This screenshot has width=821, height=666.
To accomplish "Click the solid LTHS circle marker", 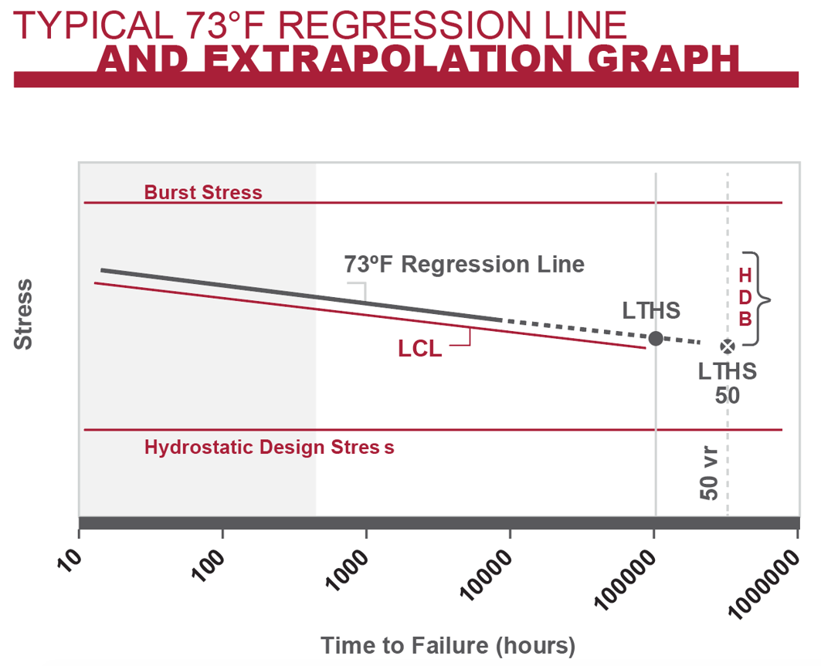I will click(x=655, y=338).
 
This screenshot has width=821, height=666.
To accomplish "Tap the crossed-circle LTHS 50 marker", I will click(x=727, y=347).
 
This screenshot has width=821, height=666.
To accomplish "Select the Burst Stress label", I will click(x=203, y=192).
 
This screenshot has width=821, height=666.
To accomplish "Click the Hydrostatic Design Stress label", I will click(x=269, y=447).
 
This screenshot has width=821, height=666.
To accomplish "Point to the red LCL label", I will click(x=420, y=349).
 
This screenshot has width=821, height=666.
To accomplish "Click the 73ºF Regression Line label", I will click(x=464, y=265).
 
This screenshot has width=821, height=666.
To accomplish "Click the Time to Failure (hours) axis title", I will click(x=448, y=645).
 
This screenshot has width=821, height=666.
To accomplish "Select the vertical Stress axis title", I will click(x=24, y=314).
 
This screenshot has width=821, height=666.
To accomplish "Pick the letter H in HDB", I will click(x=745, y=276).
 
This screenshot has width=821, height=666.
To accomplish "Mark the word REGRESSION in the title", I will click(x=402, y=25).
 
